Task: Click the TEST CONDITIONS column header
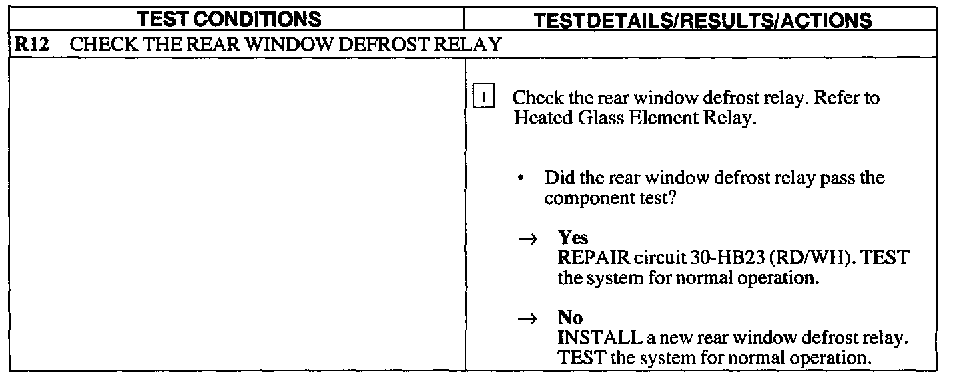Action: click(238, 19)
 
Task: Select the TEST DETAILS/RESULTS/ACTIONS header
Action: click(703, 20)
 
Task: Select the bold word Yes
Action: click(573, 239)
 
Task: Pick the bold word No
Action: click(570, 319)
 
